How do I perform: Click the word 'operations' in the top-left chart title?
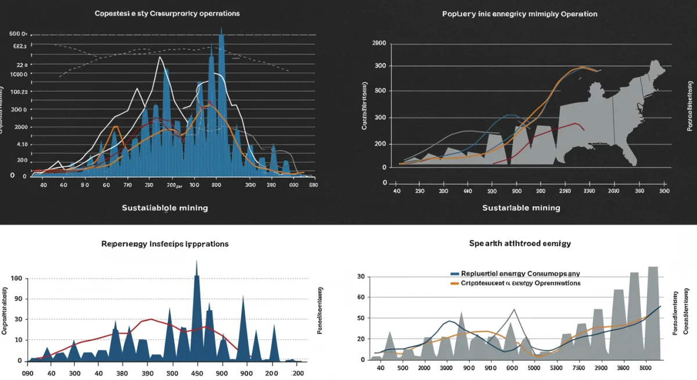(x=218, y=13)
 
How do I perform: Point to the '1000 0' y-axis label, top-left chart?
(x=19, y=74)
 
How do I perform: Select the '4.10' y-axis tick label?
(x=21, y=144)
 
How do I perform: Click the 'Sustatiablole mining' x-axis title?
(x=165, y=207)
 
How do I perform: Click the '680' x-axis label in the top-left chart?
(x=313, y=185)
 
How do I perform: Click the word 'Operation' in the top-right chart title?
(x=579, y=13)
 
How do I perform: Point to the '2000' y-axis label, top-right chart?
(x=379, y=43)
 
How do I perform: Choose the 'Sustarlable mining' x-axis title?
(x=521, y=207)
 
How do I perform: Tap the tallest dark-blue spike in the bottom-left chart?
(x=196, y=264)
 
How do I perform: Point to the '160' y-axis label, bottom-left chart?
(x=16, y=279)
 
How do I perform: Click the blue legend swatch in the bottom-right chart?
(x=455, y=273)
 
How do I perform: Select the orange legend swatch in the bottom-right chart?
(x=455, y=283)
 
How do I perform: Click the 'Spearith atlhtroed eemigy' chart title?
(x=520, y=243)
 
